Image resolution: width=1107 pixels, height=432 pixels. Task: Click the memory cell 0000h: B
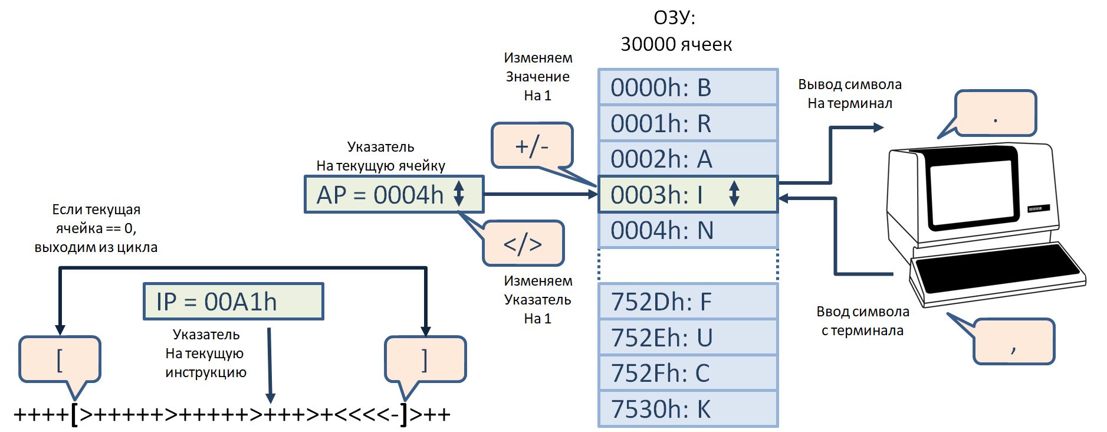click(688, 87)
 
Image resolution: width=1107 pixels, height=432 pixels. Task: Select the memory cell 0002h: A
click(688, 159)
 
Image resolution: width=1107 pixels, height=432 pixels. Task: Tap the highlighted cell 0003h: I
click(688, 194)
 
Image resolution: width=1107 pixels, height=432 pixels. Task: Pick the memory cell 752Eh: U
click(688, 337)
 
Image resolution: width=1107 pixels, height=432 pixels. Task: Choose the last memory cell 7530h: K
click(688, 408)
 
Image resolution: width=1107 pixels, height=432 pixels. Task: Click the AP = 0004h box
click(393, 194)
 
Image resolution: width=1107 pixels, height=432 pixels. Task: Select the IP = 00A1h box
click(233, 302)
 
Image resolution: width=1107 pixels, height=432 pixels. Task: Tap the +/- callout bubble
click(531, 145)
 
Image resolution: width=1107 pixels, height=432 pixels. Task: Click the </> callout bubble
click(523, 243)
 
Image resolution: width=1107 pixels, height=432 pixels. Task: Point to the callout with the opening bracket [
click(60, 359)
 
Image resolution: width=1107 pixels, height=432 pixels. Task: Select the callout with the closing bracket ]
click(425, 359)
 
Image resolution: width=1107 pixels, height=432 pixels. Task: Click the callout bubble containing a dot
click(995, 113)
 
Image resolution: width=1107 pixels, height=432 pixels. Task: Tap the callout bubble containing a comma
click(1013, 342)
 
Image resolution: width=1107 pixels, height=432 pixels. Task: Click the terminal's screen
click(973, 186)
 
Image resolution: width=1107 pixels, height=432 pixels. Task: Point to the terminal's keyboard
click(997, 269)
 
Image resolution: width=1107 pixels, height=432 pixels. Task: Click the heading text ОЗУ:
click(674, 18)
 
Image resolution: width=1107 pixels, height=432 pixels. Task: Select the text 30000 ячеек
click(676, 44)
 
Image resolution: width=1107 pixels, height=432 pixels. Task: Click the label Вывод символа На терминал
click(849, 94)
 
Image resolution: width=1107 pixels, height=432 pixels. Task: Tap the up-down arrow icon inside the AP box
click(459, 194)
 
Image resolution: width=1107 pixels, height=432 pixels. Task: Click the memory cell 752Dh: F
click(688, 302)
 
